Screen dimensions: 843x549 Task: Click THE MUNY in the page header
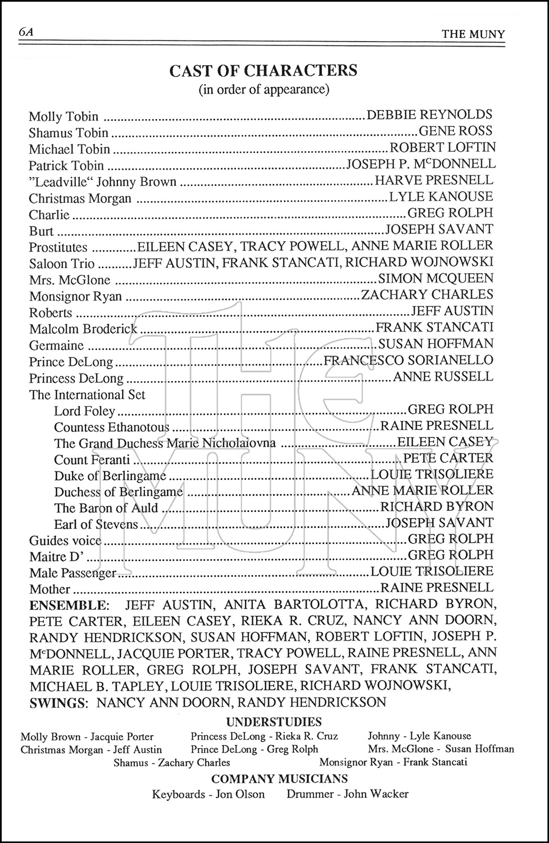pyautogui.click(x=473, y=34)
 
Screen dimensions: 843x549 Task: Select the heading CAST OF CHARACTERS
pyautogui.click(x=263, y=71)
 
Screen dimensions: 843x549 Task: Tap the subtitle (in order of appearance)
pyautogui.click(x=263, y=89)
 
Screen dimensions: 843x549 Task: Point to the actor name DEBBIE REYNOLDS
pyautogui.click(x=429, y=115)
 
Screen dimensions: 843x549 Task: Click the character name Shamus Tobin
pyautogui.click(x=69, y=133)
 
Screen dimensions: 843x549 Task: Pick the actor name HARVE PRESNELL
pyautogui.click(x=434, y=180)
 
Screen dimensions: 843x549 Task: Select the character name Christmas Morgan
pyautogui.click(x=80, y=198)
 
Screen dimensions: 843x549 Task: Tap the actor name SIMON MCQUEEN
pyautogui.click(x=436, y=278)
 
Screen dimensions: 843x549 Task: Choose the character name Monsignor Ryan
pyautogui.click(x=75, y=296)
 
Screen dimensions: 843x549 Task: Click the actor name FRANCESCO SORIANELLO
pyautogui.click(x=409, y=360)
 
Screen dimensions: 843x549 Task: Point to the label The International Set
pyautogui.click(x=87, y=395)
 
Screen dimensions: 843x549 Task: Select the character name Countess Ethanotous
pyautogui.click(x=112, y=428)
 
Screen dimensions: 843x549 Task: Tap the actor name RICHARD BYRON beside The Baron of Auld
pyautogui.click(x=437, y=506)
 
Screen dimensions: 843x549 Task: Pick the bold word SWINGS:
pyautogui.click(x=60, y=702)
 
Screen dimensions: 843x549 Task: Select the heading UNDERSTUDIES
pyautogui.click(x=274, y=722)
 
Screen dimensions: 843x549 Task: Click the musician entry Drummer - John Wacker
pyautogui.click(x=347, y=794)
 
